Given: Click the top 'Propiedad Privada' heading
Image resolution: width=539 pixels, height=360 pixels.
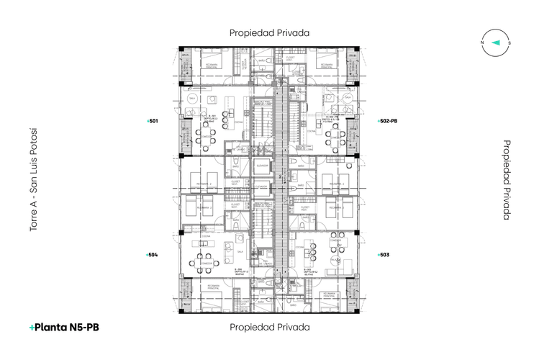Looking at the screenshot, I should point(269,32).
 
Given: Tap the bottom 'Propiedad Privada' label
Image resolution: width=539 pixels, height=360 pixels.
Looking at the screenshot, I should point(269,327).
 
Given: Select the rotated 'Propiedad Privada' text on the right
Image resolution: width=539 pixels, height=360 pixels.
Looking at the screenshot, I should point(506,179).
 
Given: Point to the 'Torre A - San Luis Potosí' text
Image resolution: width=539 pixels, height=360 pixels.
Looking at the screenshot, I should point(33,180).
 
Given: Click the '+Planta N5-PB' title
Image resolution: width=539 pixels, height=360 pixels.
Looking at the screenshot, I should point(64,328).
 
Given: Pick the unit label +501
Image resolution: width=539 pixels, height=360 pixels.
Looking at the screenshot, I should point(152,122).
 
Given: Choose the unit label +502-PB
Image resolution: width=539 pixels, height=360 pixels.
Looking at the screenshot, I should point(388,122).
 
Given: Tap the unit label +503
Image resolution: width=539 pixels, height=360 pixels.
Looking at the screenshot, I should point(384,255).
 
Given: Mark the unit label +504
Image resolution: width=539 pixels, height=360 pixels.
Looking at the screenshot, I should point(152,255).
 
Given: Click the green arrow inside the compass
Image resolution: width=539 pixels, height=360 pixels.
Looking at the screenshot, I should point(496,42).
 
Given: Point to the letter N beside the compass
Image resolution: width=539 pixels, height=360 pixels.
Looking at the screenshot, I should point(482,42).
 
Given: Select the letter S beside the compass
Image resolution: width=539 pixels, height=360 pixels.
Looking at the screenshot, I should point(509,42).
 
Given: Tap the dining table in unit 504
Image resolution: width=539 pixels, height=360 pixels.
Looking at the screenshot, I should point(207,254).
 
